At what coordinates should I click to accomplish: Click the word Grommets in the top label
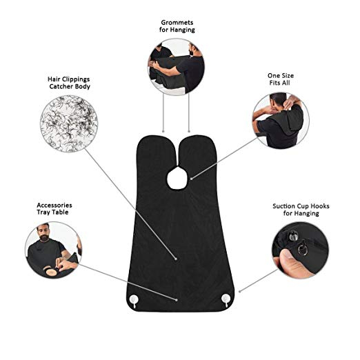[x=177, y=23]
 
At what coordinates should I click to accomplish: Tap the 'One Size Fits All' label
[x=281, y=79]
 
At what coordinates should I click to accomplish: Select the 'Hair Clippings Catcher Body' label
[x=69, y=83]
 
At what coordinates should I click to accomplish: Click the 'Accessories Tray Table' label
[x=54, y=208]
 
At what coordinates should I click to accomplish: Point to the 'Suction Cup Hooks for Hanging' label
[x=301, y=210]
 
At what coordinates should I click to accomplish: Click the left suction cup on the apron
[x=134, y=300]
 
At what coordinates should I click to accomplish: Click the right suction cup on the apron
[x=226, y=299]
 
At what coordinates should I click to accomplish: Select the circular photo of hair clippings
[x=69, y=124]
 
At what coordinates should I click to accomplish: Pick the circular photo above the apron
[x=176, y=67]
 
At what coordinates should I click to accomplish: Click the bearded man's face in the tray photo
[x=43, y=232]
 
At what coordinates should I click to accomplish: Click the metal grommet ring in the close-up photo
[x=302, y=250]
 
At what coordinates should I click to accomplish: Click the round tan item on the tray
[x=50, y=272]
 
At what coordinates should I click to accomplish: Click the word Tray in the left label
[x=44, y=212]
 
